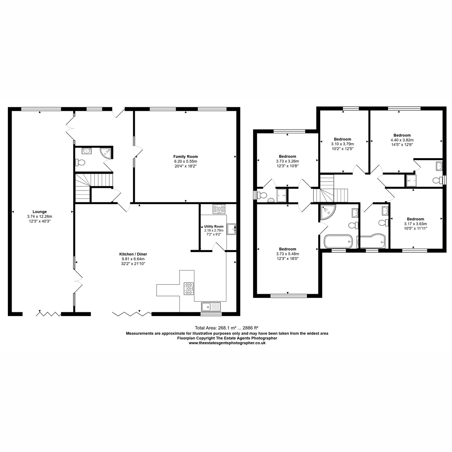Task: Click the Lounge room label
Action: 40,212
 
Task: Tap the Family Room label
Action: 186,156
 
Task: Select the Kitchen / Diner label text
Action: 133,254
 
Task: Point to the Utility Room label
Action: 214,226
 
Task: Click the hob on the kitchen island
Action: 189,288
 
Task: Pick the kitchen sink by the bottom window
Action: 211,306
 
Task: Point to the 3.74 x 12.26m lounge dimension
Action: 40,217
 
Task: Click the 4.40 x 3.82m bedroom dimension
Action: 402,140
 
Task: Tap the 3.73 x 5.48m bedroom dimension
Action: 287,254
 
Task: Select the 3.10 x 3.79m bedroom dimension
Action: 342,144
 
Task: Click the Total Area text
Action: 227,328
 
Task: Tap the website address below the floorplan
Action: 227,343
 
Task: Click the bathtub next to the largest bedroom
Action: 338,241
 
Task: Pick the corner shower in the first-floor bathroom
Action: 327,212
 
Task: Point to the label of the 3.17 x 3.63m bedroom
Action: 415,219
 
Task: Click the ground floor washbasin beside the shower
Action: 86,151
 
